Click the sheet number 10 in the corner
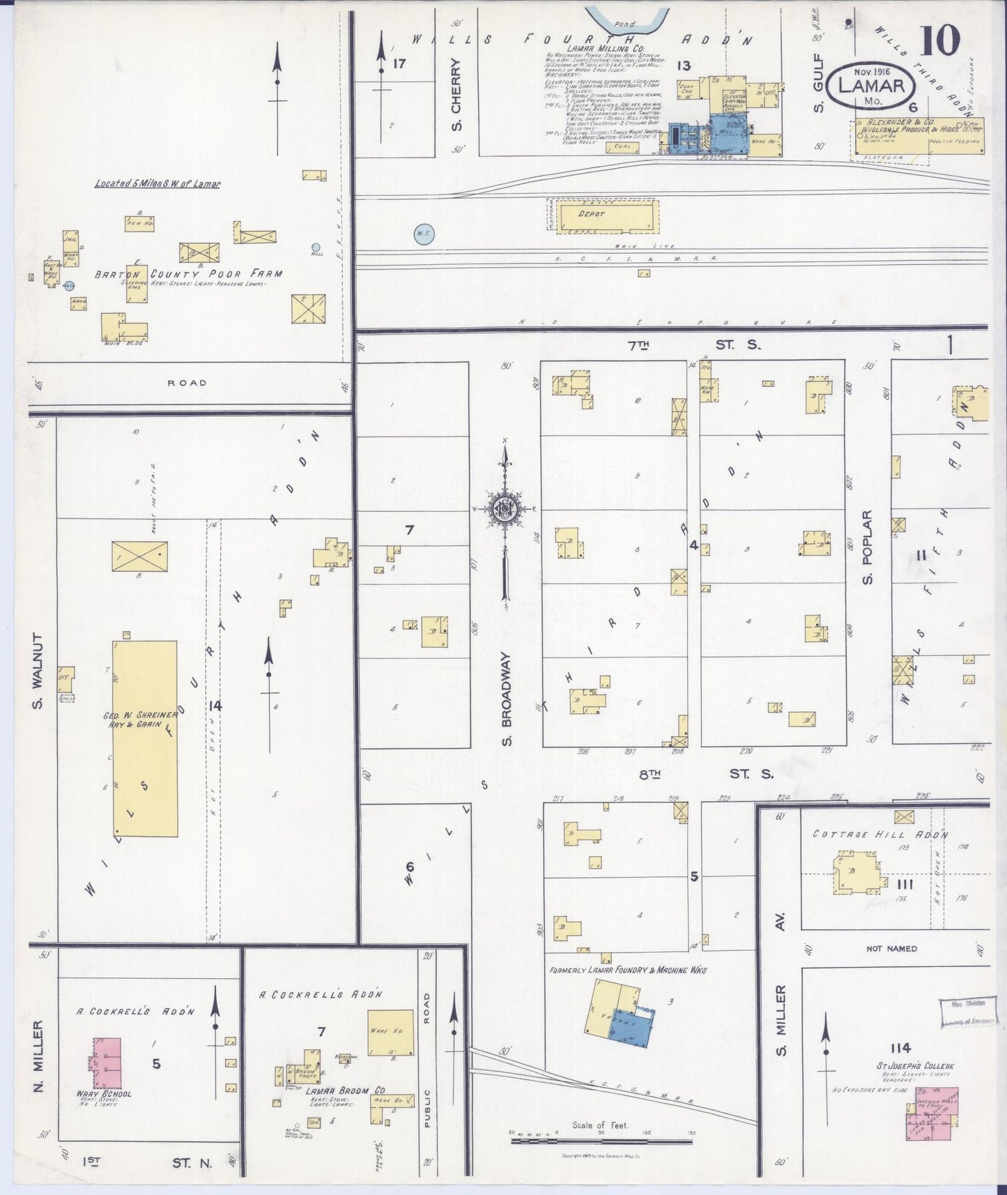pos(941,40)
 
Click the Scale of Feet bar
pos(602,1141)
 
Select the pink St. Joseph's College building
pos(932,1113)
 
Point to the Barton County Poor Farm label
pos(188,274)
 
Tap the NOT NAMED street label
pos(891,948)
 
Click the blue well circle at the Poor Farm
pos(316,247)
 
